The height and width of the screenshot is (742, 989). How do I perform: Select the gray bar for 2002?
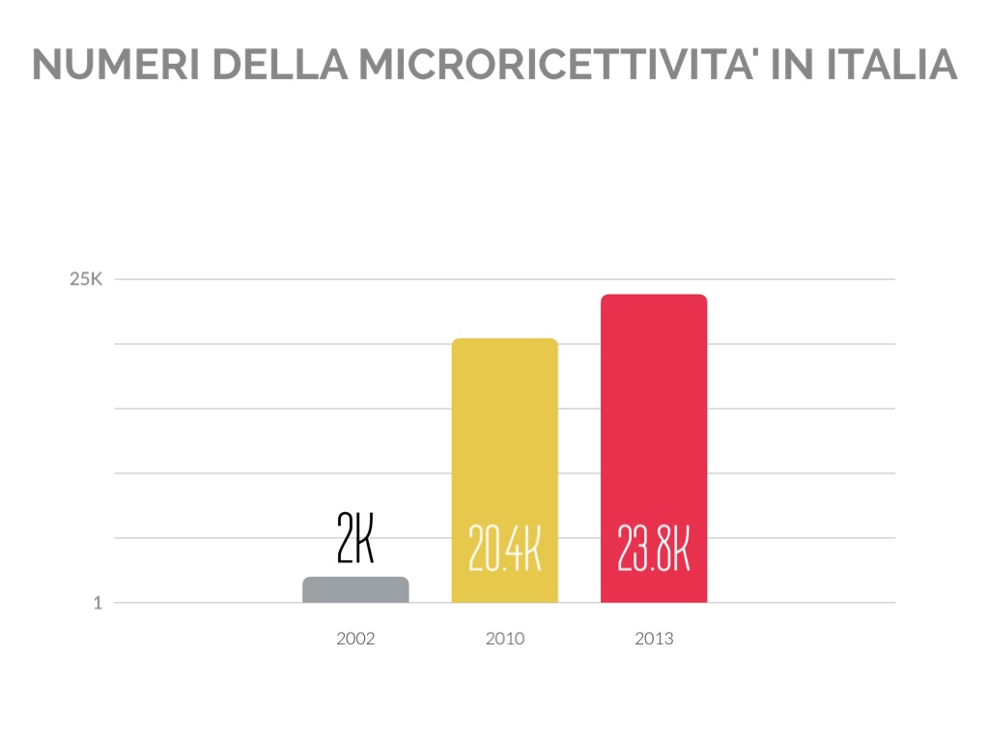tap(355, 590)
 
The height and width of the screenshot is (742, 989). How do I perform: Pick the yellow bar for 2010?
tap(505, 435)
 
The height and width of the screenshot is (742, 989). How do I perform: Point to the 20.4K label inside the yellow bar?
tap(504, 549)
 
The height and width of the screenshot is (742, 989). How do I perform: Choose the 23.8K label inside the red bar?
tap(654, 549)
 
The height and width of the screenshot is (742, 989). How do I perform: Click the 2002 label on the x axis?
tap(355, 639)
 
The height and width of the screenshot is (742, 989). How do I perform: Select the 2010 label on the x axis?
tap(505, 639)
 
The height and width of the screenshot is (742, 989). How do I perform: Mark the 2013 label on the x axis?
tap(654, 639)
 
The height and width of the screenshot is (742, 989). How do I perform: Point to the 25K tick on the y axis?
tap(86, 280)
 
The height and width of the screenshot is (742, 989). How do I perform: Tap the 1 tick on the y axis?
tap(97, 603)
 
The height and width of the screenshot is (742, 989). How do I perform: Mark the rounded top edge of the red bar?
tap(654, 296)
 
